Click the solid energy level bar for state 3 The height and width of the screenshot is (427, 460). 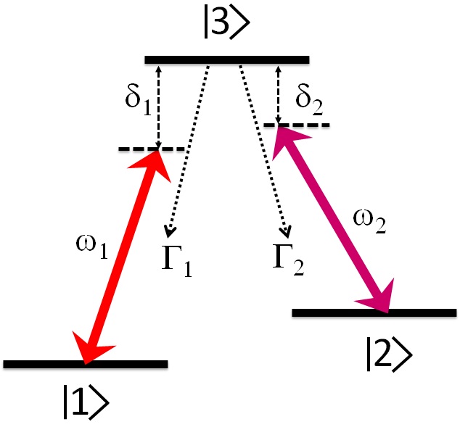(x=227, y=59)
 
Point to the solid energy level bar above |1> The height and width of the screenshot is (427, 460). (x=86, y=363)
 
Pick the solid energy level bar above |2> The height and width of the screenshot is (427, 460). (x=374, y=312)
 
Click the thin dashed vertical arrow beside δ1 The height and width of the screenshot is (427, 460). (x=160, y=105)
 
